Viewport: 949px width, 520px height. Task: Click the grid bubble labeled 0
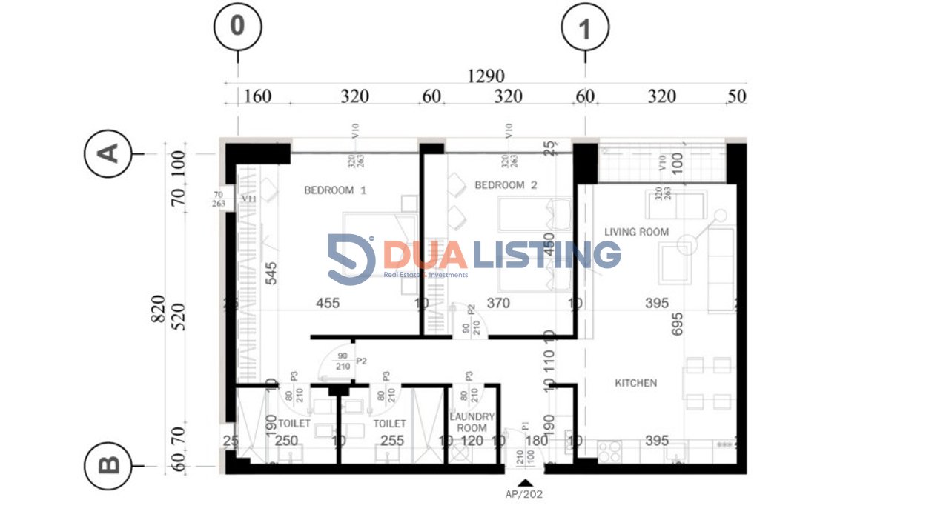click(x=237, y=27)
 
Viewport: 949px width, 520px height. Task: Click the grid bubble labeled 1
click(x=585, y=29)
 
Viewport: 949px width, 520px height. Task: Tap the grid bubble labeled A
click(x=109, y=153)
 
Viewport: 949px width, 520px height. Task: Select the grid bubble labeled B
click(x=109, y=465)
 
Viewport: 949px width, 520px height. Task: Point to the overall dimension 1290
click(x=486, y=76)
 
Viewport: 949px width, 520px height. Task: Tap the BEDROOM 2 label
click(x=506, y=185)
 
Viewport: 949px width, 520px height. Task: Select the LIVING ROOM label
click(x=636, y=232)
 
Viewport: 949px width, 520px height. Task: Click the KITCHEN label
click(x=635, y=383)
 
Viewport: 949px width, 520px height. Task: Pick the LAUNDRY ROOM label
click(x=472, y=423)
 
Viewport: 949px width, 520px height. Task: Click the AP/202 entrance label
click(x=525, y=494)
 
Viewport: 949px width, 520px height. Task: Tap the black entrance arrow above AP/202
click(x=525, y=482)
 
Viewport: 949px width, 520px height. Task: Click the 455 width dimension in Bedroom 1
click(x=328, y=303)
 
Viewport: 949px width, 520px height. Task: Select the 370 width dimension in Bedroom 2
click(x=498, y=303)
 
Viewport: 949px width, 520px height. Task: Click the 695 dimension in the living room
click(x=677, y=325)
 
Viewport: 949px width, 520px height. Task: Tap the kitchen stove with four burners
click(x=609, y=451)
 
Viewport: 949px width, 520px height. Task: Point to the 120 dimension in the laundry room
click(x=472, y=441)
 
